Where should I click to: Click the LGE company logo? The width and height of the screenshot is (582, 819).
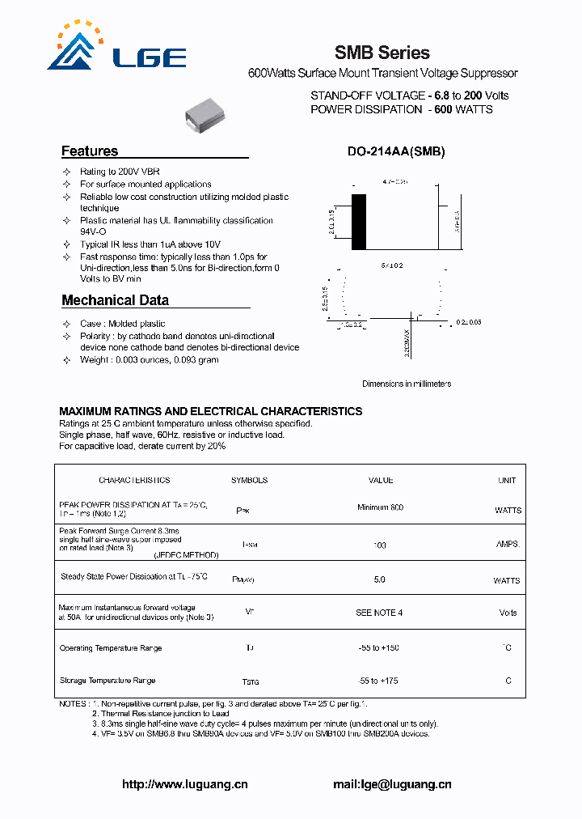click(116, 49)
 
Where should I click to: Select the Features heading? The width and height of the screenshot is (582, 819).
click(90, 151)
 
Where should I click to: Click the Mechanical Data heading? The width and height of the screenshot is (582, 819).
click(115, 300)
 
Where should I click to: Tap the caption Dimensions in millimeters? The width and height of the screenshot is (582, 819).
click(406, 384)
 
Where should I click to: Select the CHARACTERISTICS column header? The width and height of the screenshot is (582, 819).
click(134, 480)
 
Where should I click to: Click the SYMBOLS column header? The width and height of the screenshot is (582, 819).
click(249, 480)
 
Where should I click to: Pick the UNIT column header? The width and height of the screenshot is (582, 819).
click(507, 480)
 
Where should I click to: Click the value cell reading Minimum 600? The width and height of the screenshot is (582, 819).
click(380, 507)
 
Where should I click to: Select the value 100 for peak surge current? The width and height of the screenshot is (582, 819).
click(379, 545)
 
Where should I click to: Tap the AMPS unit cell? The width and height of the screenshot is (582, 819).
click(508, 545)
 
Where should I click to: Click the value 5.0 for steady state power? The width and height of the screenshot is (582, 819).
click(379, 579)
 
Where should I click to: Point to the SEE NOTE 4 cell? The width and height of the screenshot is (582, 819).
click(379, 613)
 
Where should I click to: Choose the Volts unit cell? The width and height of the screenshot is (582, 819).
click(508, 613)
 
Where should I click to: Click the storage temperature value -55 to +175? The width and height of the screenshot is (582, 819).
click(379, 681)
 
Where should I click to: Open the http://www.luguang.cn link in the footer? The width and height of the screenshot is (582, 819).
click(184, 784)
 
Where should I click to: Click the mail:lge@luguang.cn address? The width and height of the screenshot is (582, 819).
click(392, 784)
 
